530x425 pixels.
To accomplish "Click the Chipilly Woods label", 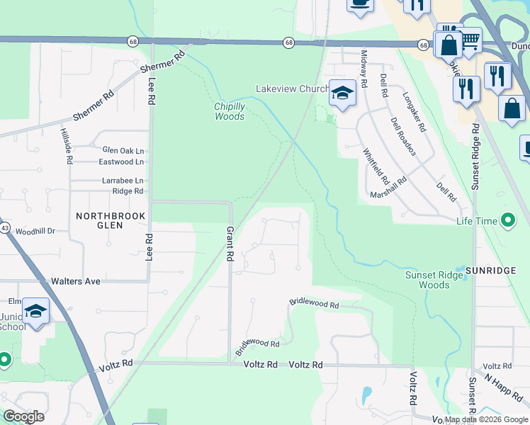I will point(230,111).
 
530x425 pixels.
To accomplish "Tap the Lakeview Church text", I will point(292,89).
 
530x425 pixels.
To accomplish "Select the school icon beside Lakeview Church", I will point(342,93).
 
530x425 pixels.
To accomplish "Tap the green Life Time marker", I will point(507,221).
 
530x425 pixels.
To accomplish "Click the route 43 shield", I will point(4,228).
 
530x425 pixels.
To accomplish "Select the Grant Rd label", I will point(230,244).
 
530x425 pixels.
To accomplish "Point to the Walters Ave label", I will point(76,281).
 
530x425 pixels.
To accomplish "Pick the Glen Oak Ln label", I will point(123,150).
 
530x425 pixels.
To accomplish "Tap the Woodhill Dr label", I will point(35,232).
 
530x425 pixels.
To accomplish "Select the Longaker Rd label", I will point(414,113).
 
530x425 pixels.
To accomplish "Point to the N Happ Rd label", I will point(504,387).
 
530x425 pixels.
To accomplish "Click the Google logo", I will point(23,416).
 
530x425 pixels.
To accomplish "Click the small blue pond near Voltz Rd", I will point(366,393).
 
